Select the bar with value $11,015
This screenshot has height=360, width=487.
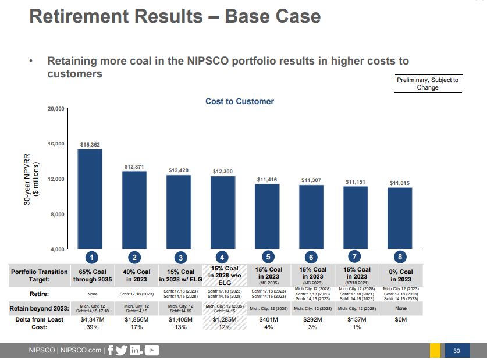(400, 218)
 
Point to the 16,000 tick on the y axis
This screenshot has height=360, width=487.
(56, 144)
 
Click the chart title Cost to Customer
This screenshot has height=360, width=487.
(239, 101)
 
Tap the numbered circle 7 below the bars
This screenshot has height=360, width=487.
(356, 258)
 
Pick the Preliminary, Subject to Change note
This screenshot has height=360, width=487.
(427, 84)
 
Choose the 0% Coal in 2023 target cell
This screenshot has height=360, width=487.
(400, 275)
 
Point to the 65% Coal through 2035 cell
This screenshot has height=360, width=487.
(90, 275)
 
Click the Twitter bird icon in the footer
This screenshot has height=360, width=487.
(122, 350)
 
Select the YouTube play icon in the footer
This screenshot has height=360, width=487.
(152, 350)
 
